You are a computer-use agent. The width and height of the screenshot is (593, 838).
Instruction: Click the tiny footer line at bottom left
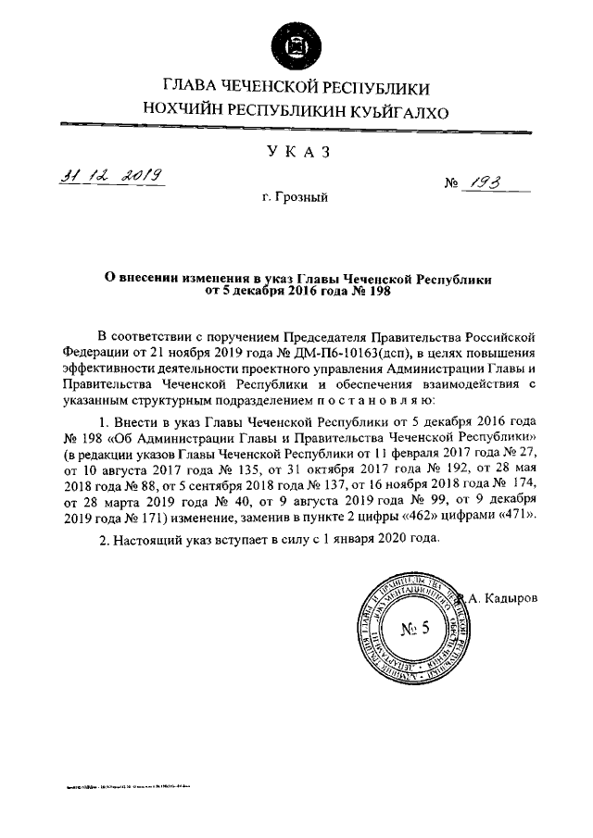(139, 786)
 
